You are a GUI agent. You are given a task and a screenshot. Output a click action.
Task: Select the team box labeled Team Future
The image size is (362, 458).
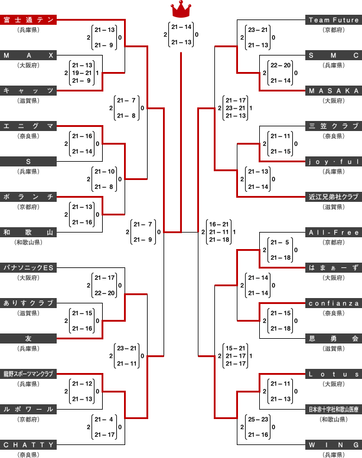tap(334, 20)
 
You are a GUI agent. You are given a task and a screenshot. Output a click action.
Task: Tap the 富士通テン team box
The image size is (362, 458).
tap(29, 20)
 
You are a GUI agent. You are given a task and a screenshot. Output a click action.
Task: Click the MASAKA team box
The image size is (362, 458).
tap(334, 91)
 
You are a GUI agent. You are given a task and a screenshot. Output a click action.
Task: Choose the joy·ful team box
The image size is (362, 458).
tap(334, 162)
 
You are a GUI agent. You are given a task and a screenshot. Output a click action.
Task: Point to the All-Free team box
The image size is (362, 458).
tap(334, 233)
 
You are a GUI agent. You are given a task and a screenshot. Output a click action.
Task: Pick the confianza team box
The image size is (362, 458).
tap(334, 303)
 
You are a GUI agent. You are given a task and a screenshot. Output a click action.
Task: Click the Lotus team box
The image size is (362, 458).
tap(334, 374)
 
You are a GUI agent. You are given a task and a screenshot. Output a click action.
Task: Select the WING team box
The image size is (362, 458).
tap(334, 444)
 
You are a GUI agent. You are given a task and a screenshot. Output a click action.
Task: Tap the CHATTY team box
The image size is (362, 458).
tap(29, 444)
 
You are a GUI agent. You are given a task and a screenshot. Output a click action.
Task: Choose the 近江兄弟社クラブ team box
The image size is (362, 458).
tap(334, 197)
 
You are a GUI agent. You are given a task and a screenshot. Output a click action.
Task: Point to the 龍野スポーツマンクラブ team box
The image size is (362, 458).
tap(29, 374)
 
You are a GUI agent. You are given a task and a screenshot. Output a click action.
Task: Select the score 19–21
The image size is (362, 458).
tap(81, 73)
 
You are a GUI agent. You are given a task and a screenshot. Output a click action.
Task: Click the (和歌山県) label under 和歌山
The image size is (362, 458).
tap(29, 242)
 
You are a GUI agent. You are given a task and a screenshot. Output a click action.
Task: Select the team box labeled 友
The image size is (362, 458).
tap(29, 339)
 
